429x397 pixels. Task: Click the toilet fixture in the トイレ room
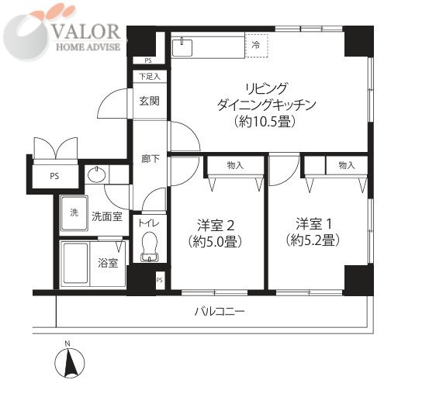149,247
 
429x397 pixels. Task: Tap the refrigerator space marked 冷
256,46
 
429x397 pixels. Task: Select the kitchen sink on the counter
182,47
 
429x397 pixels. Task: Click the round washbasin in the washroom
96,174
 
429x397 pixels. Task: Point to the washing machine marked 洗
74,213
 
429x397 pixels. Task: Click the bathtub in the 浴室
75,264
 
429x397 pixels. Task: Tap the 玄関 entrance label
150,102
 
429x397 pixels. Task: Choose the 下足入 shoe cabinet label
150,77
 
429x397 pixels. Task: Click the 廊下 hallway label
150,159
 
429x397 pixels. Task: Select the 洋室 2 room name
216,226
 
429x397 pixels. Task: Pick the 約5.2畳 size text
313,240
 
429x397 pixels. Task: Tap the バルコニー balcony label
220,312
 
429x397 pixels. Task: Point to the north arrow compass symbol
70,361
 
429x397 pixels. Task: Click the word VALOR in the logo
86,32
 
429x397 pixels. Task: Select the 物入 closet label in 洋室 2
235,165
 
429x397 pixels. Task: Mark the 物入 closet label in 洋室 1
347,165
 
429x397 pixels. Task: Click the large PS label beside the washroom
54,176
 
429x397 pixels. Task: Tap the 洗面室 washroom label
107,216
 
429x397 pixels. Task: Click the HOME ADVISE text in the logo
88,47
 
